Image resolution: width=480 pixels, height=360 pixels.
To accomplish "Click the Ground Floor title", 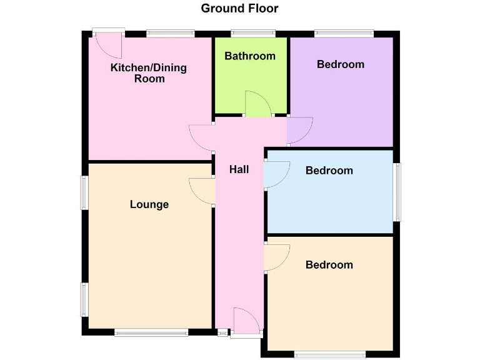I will pos(239,9).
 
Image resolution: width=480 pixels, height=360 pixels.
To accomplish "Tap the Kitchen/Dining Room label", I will pos(149,73).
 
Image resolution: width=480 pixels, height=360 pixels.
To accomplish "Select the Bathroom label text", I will pos(250,56).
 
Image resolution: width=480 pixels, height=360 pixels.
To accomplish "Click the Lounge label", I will pos(149,204).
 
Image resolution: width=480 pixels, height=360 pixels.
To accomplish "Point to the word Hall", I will pos(239,169).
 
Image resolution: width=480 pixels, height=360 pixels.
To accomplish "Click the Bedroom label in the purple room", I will pos(340,64).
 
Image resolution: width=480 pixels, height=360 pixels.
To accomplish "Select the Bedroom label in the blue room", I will pos(329,171).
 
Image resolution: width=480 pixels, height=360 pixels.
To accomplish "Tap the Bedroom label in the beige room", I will pos(329,265).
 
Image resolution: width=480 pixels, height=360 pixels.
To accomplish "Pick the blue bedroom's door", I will pos(276,174).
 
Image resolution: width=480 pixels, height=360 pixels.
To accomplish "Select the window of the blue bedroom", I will pos(397,192).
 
